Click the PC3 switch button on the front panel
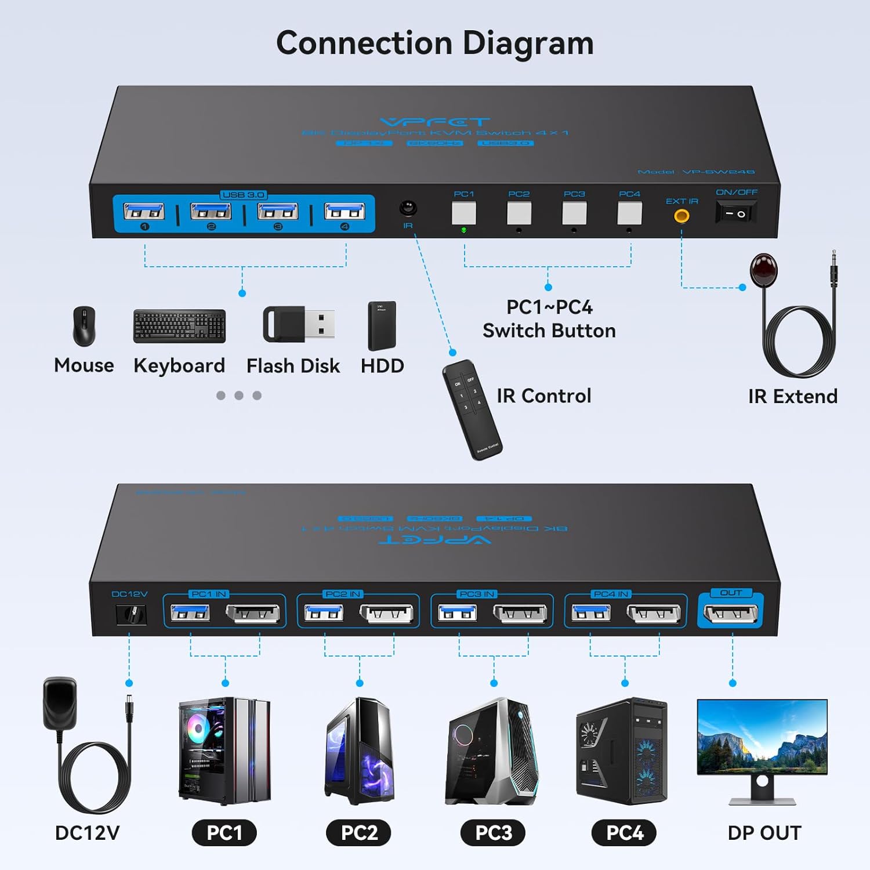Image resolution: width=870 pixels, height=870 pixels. (574, 213)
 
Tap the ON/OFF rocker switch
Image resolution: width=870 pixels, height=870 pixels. (736, 213)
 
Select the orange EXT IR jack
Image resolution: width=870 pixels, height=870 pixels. (681, 216)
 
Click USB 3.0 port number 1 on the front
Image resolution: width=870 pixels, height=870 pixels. (144, 212)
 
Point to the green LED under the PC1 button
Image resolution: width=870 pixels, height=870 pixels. (464, 230)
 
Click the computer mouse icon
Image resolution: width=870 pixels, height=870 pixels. (84, 326)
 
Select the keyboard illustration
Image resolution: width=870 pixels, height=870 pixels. (179, 326)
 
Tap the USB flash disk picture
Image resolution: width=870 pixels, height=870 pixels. (298, 324)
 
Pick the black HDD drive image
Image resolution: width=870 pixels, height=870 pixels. (382, 325)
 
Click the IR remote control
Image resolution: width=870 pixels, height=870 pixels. (472, 409)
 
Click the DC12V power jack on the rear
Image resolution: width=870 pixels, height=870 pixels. (131, 614)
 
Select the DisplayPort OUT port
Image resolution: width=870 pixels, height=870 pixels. (730, 613)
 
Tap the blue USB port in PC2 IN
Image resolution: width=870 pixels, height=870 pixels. (324, 612)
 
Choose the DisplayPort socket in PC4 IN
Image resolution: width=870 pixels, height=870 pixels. (654, 613)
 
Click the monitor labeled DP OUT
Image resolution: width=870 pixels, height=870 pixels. (762, 748)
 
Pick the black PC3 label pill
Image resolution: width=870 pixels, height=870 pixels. (493, 833)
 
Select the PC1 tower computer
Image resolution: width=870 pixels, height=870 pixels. (224, 751)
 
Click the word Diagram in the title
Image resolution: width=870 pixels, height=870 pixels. (528, 43)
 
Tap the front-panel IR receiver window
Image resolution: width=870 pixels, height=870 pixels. (408, 208)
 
